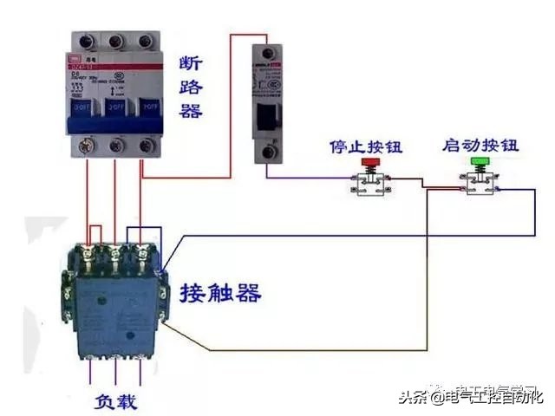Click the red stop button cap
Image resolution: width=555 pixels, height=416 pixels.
pos(370,161)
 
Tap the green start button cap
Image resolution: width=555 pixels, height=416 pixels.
pos(479,161)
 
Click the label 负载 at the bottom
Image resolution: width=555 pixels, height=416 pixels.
pos(115,402)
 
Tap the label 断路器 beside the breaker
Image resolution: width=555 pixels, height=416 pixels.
pos(191,87)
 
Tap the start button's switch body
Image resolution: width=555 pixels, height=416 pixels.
pos(479,183)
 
